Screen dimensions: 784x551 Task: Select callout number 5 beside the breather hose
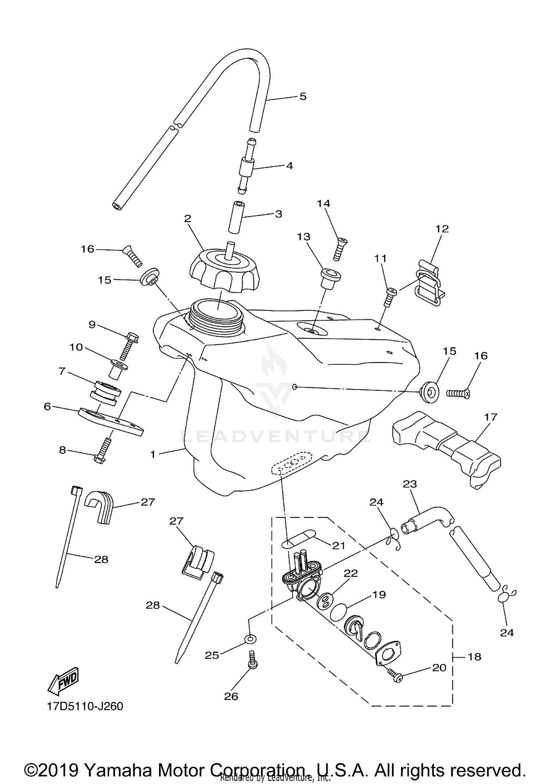[x=303, y=97]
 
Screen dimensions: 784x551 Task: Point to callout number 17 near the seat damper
[x=491, y=417]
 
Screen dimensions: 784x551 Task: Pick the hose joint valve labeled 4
[x=245, y=166]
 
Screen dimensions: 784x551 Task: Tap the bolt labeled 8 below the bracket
[x=102, y=451]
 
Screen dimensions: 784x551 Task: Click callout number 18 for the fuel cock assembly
[x=475, y=657]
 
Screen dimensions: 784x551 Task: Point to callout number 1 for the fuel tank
[x=153, y=454]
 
